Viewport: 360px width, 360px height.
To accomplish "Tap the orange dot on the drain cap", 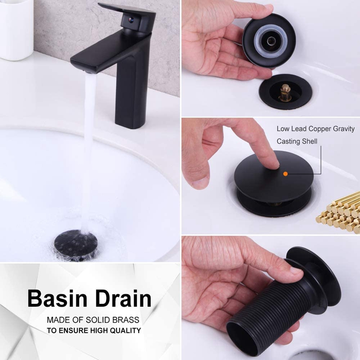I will coord(285,172).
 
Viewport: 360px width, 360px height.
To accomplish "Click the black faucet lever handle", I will coord(130,13).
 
